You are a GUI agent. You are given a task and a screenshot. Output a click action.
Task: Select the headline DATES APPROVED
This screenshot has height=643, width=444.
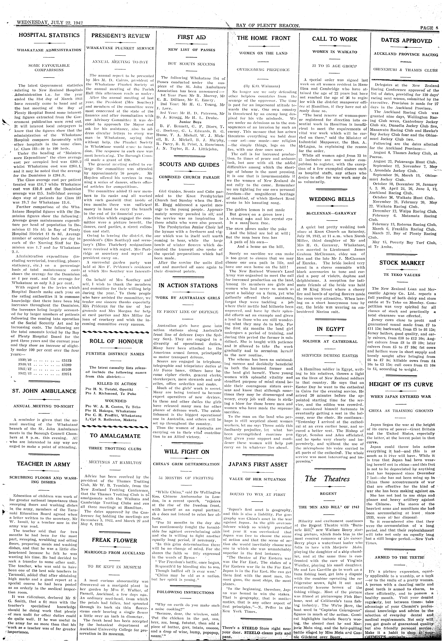[406, 41]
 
